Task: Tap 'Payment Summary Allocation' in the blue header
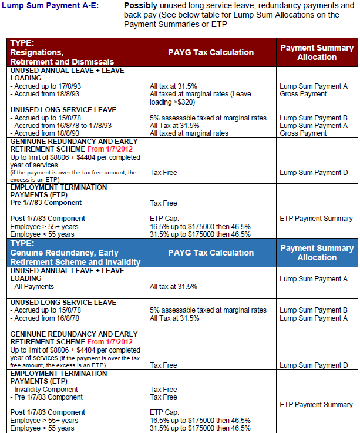(x=317, y=253)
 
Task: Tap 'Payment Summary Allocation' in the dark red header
(x=317, y=52)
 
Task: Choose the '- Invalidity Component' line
(x=44, y=390)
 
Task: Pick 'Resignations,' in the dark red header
(x=37, y=52)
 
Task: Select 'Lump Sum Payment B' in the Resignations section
(x=314, y=118)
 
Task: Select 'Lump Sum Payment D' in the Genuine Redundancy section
(x=314, y=365)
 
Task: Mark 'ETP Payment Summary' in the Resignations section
(x=316, y=219)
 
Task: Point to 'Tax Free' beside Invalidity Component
(x=163, y=390)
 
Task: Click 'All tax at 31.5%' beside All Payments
(x=173, y=287)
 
